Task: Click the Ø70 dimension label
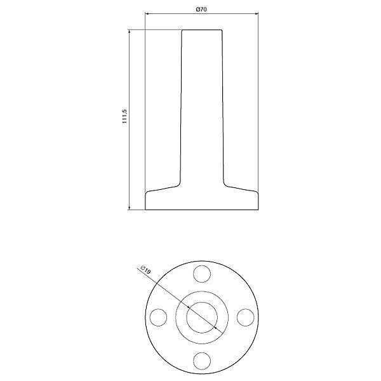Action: pos(201,10)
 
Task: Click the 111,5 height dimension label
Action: pos(124,116)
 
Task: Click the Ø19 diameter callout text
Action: pos(146,270)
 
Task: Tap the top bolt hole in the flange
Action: pos(202,274)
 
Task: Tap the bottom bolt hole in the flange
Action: pos(202,361)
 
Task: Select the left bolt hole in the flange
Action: pos(158,317)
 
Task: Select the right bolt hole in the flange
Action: pos(245,317)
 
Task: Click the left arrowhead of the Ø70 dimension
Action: pos(147,14)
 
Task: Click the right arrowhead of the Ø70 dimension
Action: pos(257,14)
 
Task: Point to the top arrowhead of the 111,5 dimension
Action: pos(129,32)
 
